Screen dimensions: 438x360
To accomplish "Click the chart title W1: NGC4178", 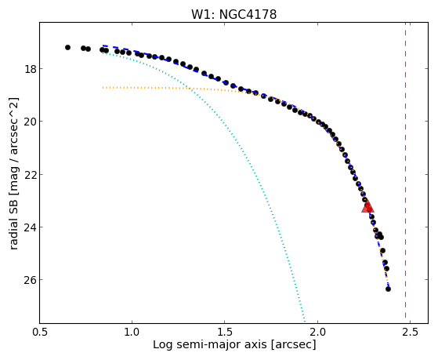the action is [233, 14].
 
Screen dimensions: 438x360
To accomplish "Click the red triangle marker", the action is [367, 206].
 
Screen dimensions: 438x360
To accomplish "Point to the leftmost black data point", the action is [67, 48].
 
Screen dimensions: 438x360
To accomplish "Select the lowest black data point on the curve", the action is [388, 289].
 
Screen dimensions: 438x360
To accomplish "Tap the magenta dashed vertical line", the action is [405, 173].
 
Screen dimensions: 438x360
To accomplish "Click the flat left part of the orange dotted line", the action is [145, 88].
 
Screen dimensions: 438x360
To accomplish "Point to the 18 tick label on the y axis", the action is [31, 69].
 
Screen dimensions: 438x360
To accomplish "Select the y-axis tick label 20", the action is [30, 122].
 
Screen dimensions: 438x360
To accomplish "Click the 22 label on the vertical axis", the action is [30, 174].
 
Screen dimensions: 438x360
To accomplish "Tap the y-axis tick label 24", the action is [30, 227].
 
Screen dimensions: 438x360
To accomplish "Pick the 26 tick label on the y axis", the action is [30, 280].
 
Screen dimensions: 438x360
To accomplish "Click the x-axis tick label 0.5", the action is [40, 333].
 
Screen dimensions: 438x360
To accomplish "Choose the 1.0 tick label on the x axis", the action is [132, 333].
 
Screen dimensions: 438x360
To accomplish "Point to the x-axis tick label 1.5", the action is [225, 333].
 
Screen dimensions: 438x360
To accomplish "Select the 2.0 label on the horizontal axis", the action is [317, 333].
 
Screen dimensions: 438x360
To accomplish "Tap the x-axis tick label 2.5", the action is [411, 333].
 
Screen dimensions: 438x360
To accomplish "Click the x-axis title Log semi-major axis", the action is [209, 344].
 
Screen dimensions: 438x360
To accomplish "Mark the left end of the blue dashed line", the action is [103, 45].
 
